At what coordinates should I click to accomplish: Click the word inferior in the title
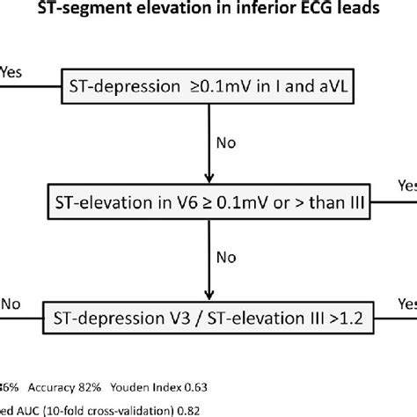[x=233, y=11]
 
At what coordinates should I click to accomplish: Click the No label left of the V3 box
[x=11, y=302]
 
